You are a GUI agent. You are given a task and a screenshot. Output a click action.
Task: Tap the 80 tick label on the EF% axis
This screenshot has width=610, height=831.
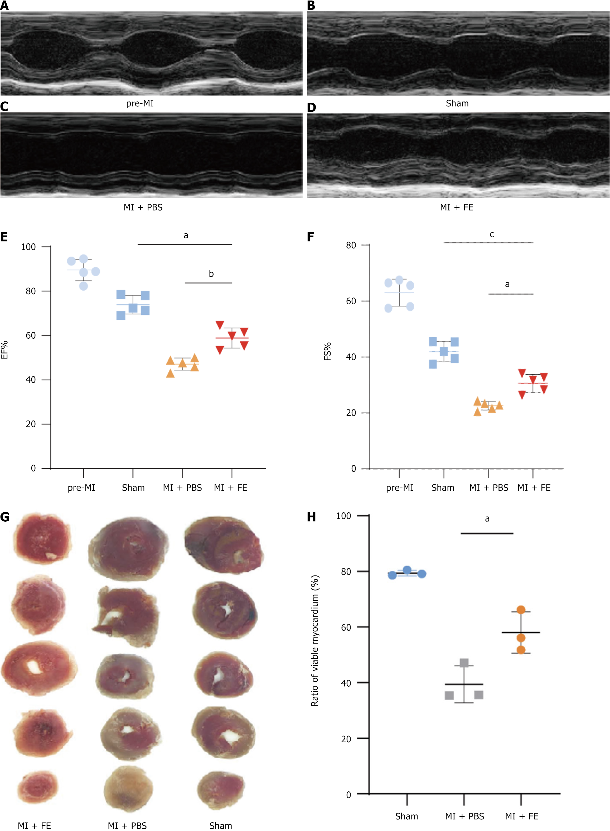tap(31, 291)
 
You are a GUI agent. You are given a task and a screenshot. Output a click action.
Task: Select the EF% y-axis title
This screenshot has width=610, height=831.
tap(4, 350)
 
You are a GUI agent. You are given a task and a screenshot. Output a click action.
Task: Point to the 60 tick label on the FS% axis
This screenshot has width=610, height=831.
tap(351, 301)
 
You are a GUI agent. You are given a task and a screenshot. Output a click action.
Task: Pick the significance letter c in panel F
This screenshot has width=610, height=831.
tap(492, 234)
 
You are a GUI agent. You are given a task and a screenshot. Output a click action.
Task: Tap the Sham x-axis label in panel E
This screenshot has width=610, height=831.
tap(133, 488)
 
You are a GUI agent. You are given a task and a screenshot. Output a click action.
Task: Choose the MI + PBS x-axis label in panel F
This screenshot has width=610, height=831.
tap(488, 488)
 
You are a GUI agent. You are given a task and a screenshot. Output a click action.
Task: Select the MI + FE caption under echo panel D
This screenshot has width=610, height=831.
tap(456, 207)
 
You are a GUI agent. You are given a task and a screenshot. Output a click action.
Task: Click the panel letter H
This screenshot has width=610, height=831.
tap(311, 517)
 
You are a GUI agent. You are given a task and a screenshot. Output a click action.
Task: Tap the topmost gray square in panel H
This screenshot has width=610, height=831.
tap(464, 663)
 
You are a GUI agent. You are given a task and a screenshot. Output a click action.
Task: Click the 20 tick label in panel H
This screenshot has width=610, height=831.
tap(346, 739)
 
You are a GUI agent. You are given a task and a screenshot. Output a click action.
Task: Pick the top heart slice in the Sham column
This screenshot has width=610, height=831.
tap(224, 545)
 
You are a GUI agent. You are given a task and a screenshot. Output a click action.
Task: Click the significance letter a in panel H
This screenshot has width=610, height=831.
tap(487, 519)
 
